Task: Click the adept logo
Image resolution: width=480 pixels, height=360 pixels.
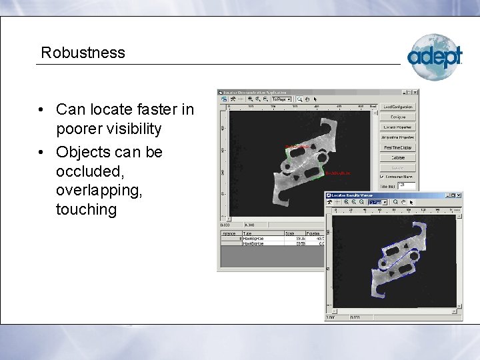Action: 435,57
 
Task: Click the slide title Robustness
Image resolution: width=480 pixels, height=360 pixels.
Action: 83,53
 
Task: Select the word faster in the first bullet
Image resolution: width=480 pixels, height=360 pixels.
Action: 146,109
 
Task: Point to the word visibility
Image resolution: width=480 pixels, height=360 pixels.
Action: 127,128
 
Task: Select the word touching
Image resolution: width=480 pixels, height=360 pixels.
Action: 86,209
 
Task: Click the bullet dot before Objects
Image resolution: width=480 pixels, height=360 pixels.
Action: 41,153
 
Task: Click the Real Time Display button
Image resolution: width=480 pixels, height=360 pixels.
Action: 398,147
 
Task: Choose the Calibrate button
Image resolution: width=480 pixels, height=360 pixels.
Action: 398,157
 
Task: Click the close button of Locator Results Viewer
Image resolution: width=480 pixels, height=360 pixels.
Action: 459,195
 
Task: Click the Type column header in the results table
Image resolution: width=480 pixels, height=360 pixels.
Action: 248,233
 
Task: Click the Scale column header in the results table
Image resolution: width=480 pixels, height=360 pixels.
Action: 289,233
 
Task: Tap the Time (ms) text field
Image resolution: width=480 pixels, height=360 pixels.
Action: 407,186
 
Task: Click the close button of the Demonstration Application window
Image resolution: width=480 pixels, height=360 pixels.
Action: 415,93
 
